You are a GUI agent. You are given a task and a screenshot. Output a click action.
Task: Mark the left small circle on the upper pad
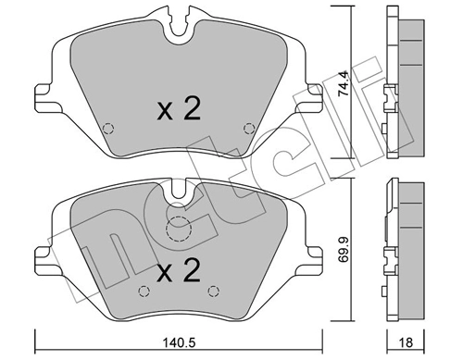tap(107, 129)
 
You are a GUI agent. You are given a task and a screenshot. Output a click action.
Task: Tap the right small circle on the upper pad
tap(246, 129)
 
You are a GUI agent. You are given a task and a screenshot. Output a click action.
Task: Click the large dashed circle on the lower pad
tap(177, 231)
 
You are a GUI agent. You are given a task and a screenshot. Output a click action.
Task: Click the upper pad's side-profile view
tap(399, 83)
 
